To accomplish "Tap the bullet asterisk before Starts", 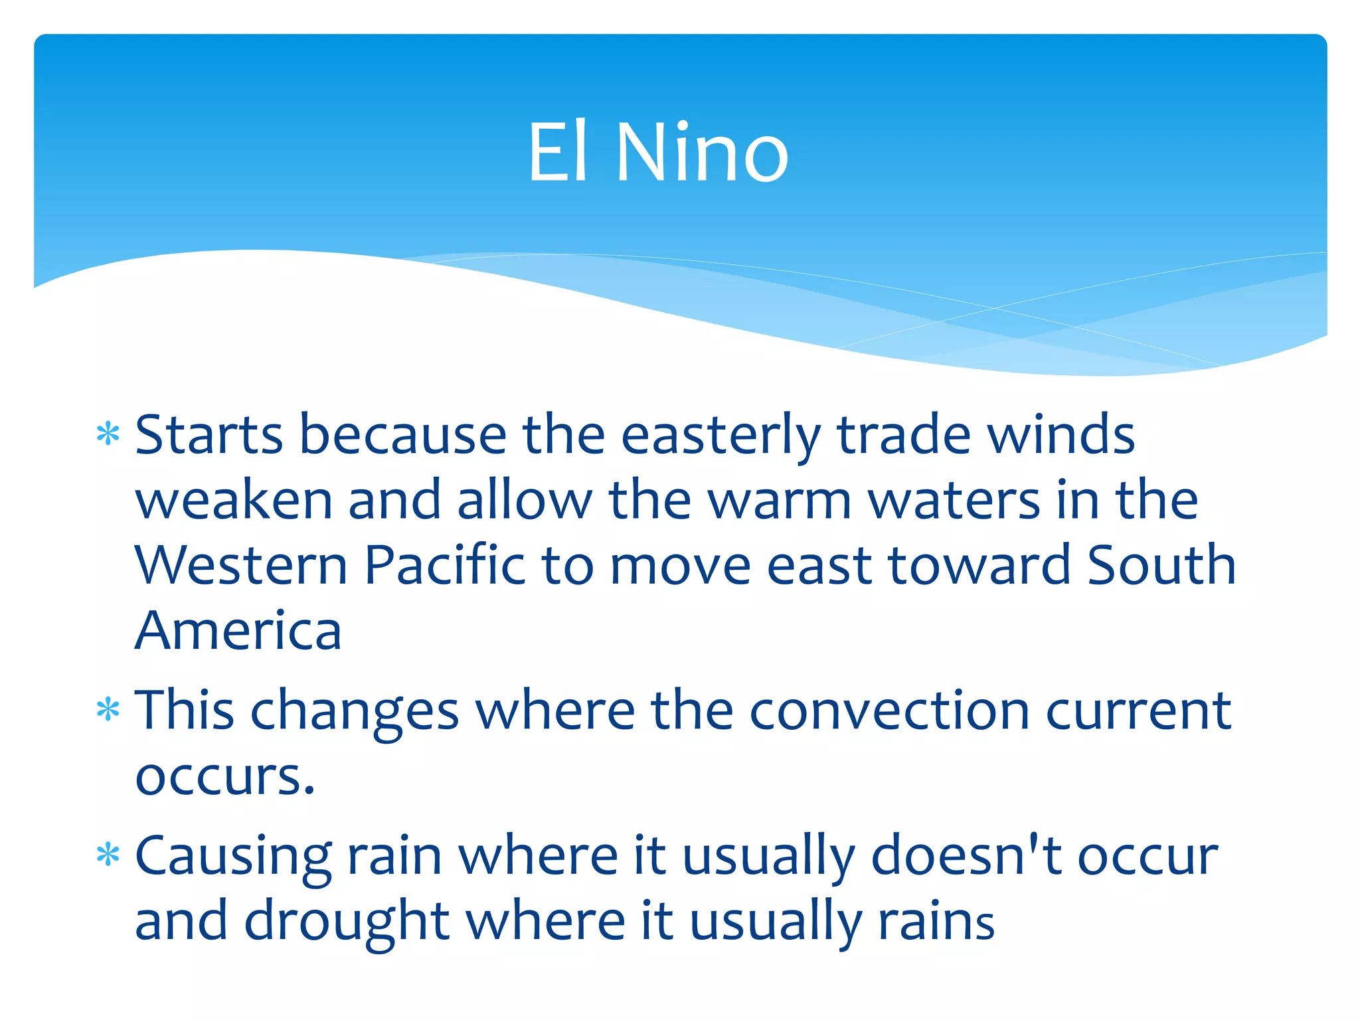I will click(x=108, y=435).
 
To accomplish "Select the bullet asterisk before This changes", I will click(x=108, y=711).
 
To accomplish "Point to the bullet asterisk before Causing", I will click(x=108, y=855).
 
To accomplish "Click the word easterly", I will click(x=721, y=436).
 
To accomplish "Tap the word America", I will click(x=238, y=631).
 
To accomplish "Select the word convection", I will click(x=890, y=711).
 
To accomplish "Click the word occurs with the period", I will click(x=224, y=777).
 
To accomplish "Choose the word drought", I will click(x=347, y=922).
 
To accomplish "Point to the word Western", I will click(x=241, y=566).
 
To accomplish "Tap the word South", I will click(x=1161, y=566).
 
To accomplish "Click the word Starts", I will click(x=209, y=436).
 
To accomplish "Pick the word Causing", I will click(x=233, y=857).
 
